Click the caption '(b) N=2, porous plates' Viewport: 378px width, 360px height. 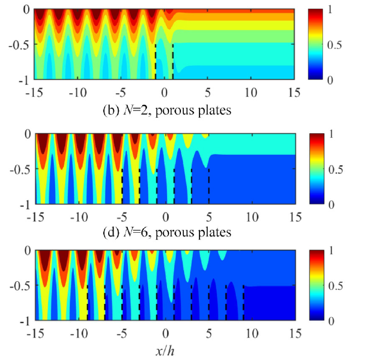167,110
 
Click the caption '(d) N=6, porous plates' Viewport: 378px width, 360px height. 167,232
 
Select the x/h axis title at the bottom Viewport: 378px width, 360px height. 165,352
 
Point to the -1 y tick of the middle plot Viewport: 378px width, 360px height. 24,205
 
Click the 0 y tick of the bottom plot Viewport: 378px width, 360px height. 27,251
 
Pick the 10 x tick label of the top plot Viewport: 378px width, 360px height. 251,93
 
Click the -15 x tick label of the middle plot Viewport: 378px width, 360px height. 35,217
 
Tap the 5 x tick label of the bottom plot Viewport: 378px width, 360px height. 209,334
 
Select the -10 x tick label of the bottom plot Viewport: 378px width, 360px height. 79,334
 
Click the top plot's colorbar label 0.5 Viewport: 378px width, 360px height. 334,45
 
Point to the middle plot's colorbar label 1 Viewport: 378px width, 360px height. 331,134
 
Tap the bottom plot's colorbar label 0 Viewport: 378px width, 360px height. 331,321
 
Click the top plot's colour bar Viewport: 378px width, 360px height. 315,44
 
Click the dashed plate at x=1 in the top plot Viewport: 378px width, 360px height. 173,61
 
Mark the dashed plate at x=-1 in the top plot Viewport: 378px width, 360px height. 155,61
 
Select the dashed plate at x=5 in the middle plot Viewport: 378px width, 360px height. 209,186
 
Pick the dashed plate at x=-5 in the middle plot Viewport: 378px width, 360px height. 122,186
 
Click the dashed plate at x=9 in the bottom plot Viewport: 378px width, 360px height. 244,303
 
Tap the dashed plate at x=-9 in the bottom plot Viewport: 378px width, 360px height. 87,303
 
